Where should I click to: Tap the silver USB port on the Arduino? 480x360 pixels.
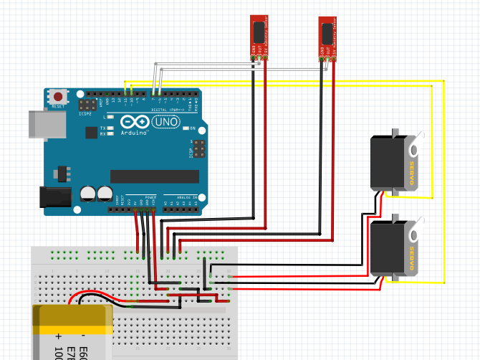tap(46, 124)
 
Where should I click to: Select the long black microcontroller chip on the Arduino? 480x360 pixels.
tap(154, 176)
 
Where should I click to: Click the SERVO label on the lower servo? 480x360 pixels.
tap(412, 258)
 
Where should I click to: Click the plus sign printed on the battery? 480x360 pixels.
tap(59, 336)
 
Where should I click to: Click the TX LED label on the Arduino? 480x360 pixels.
tap(103, 127)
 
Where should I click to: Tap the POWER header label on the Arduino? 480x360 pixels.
tap(150, 196)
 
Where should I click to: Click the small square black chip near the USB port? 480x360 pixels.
tap(91, 132)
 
